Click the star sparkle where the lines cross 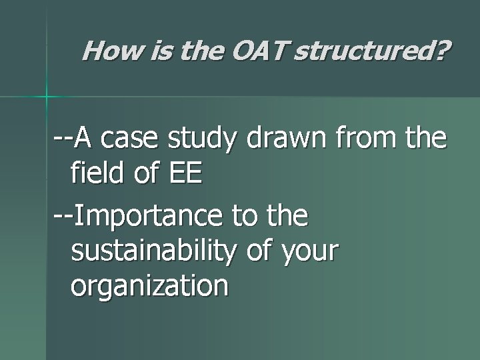[47, 97]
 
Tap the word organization [149, 287]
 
